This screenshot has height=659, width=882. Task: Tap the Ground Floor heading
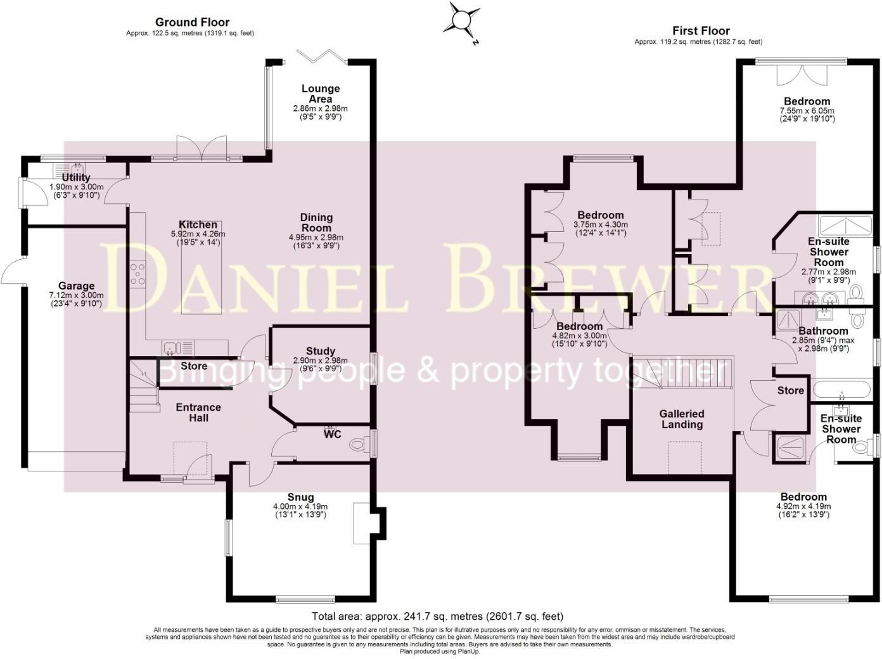click(x=192, y=23)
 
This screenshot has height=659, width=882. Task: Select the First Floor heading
click(x=701, y=30)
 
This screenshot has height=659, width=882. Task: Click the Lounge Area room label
click(x=321, y=94)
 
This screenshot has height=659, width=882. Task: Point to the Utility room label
click(x=76, y=177)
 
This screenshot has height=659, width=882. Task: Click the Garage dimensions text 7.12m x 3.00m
click(x=76, y=295)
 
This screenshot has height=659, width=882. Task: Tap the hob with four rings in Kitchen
click(x=137, y=274)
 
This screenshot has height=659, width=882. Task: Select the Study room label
click(x=321, y=351)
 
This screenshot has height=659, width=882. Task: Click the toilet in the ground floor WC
click(x=359, y=445)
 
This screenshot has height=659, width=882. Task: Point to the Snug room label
click(x=300, y=497)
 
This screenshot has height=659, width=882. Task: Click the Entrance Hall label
click(x=198, y=413)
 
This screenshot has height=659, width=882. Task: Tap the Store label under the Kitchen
click(x=194, y=366)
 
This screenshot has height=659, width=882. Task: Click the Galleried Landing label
click(x=682, y=419)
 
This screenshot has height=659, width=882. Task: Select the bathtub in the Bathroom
click(x=842, y=388)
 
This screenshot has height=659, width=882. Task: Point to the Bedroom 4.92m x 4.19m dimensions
click(x=803, y=506)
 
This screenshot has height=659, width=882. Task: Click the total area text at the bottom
click(x=437, y=616)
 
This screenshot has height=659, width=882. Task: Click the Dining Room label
click(x=316, y=222)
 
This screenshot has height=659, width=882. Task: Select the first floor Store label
click(x=790, y=390)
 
